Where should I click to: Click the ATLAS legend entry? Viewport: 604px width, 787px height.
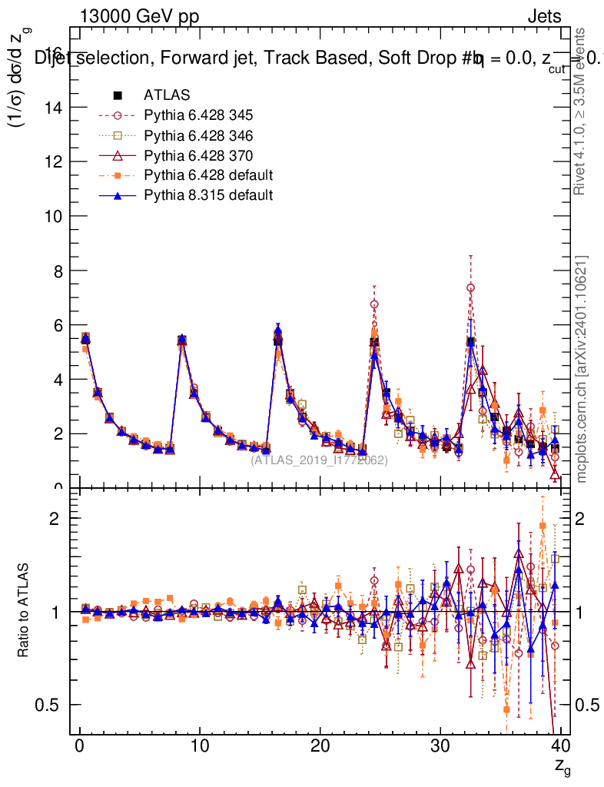(161, 95)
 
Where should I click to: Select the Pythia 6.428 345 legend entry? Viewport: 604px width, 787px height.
(198, 115)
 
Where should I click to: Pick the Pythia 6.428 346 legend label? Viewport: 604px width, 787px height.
(198, 135)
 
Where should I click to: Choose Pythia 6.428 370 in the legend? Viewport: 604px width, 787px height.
(198, 155)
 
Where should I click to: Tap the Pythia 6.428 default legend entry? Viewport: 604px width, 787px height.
(208, 175)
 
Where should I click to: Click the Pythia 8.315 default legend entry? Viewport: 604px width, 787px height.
(208, 195)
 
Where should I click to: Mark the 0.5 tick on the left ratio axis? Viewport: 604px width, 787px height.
(50, 705)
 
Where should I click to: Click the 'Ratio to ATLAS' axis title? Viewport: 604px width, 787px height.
(25, 612)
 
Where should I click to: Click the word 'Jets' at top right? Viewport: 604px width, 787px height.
(543, 17)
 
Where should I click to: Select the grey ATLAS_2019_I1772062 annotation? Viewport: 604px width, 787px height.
(319, 460)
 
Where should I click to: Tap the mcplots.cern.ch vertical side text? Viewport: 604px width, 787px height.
(582, 369)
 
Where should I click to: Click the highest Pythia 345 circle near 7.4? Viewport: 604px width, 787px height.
(470, 287)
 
